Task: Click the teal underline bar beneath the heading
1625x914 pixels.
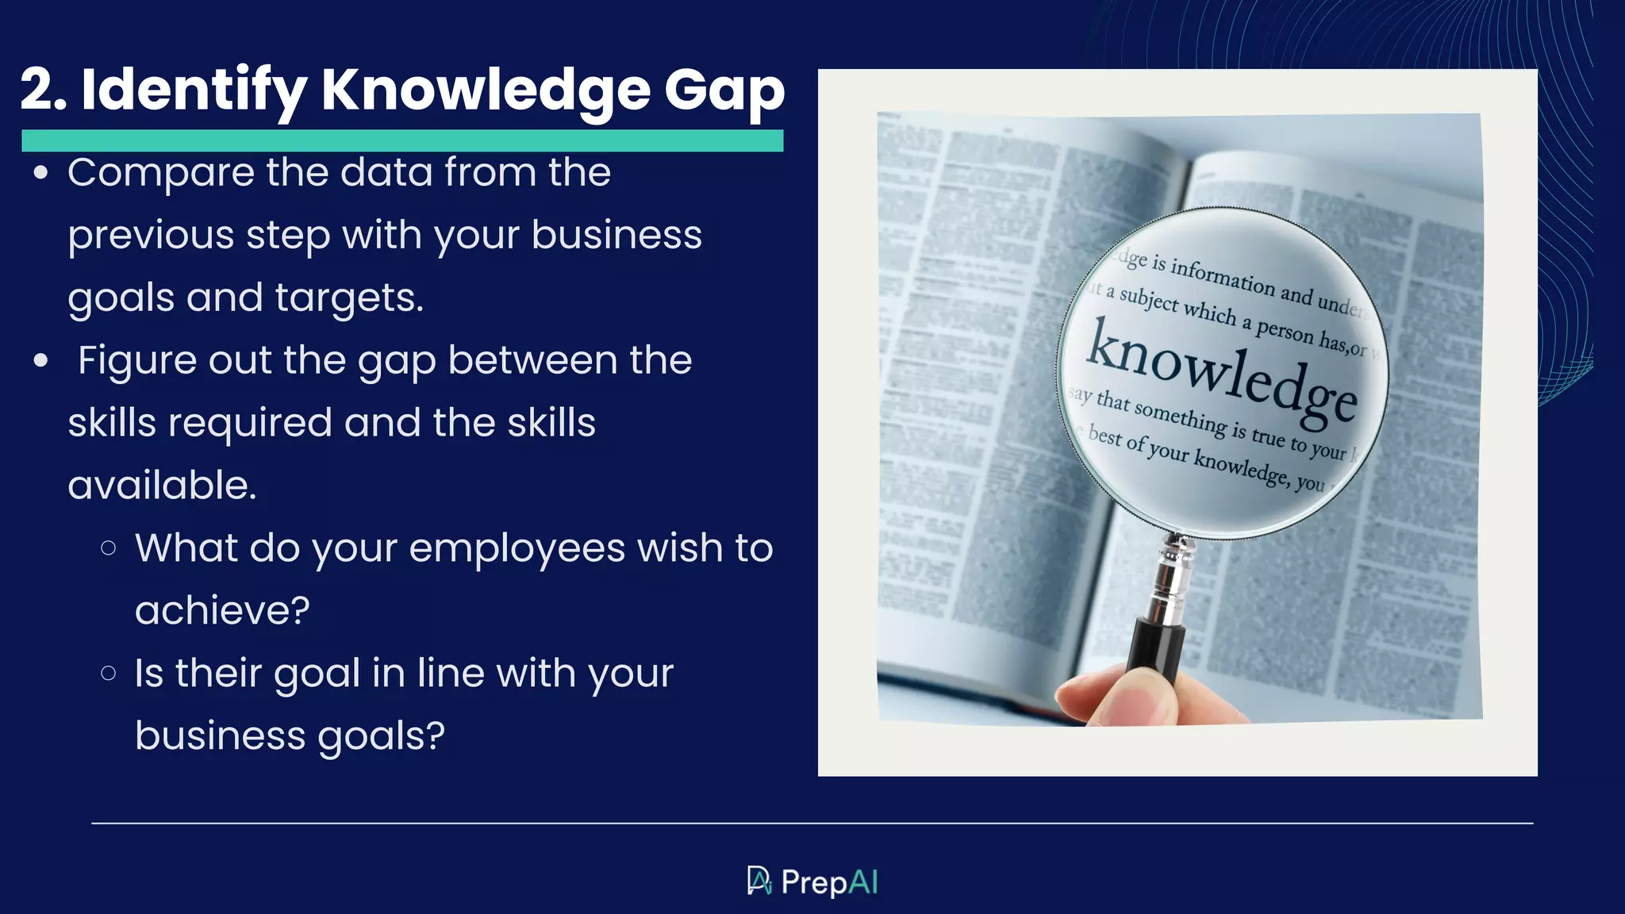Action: tap(402, 140)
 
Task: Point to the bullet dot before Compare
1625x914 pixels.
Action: tap(41, 173)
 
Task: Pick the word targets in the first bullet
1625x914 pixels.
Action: tap(348, 298)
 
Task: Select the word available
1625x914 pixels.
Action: tap(162, 486)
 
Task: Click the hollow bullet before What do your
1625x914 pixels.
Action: tap(109, 547)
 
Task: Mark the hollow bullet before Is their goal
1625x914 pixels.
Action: tap(109, 674)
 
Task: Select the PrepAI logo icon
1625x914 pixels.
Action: tap(759, 881)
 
